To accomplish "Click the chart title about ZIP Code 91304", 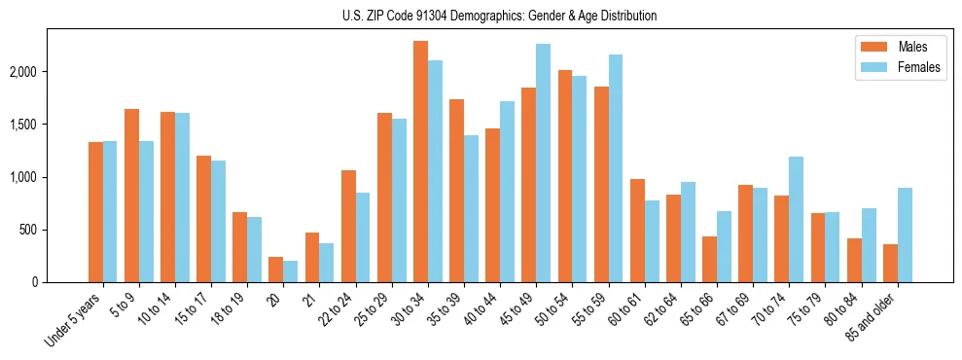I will [x=500, y=16].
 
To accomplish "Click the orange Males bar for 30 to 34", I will [x=420, y=162].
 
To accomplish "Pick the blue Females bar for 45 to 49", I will [x=543, y=163].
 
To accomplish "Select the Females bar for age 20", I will [x=290, y=271].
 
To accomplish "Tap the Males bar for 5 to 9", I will [x=131, y=196].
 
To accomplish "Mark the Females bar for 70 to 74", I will [x=797, y=220].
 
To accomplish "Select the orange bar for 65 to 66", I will [x=709, y=260].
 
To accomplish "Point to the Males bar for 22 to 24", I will [x=348, y=227].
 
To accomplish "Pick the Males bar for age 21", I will [x=312, y=258].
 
